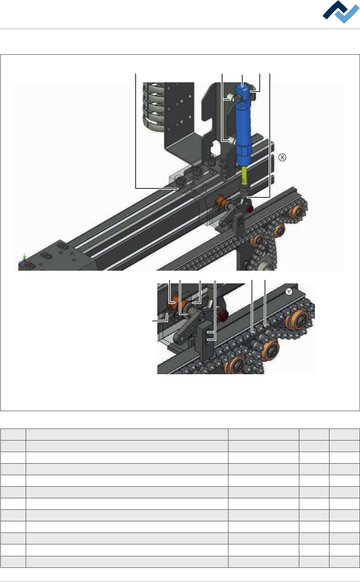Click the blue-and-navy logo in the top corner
(341, 12)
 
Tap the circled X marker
(282, 158)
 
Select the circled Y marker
(289, 292)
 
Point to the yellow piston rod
(245, 176)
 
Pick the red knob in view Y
(223, 315)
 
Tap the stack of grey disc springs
(154, 108)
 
